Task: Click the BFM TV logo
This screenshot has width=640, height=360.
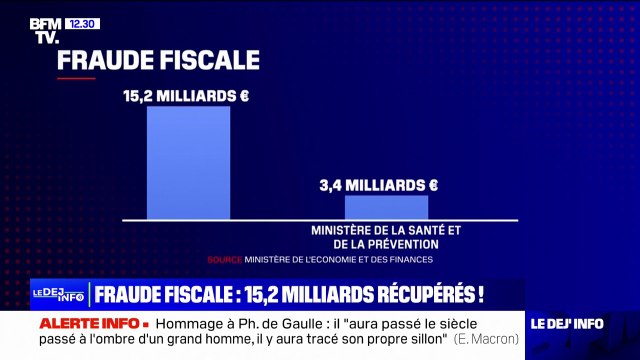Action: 44,30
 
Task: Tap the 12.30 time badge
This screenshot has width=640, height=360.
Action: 84,23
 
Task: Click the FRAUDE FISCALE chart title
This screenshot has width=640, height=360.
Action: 158,59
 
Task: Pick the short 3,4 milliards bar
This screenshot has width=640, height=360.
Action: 386,207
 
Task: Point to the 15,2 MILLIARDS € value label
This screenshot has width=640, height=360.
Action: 186,96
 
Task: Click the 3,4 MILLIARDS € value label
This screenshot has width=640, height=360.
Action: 379,185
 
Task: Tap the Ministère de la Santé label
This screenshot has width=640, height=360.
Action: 387,236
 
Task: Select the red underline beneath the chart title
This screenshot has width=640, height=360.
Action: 76,78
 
